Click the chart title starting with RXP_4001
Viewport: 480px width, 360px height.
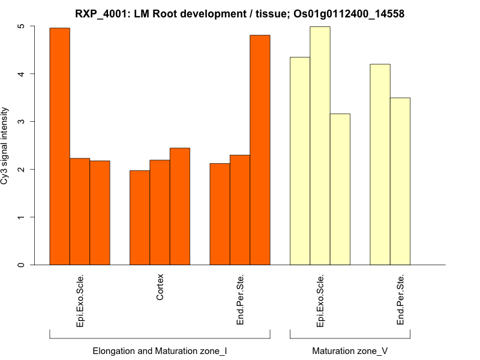point(240,13)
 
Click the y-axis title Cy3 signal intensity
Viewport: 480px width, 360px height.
point(5,145)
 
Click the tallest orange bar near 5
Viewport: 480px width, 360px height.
point(59,146)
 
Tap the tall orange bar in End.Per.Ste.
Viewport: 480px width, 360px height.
point(260,150)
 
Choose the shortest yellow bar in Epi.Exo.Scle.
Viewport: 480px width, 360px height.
point(340,189)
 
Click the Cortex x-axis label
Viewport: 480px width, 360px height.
point(160,288)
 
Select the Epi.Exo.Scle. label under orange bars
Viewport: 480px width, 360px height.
point(80,301)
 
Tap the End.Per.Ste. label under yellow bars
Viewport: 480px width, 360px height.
point(400,301)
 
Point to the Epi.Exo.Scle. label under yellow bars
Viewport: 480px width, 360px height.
point(320,301)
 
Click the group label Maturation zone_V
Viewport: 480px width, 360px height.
point(350,350)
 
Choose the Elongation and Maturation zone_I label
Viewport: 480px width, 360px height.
point(160,350)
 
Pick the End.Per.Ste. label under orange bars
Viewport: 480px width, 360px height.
point(240,301)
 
